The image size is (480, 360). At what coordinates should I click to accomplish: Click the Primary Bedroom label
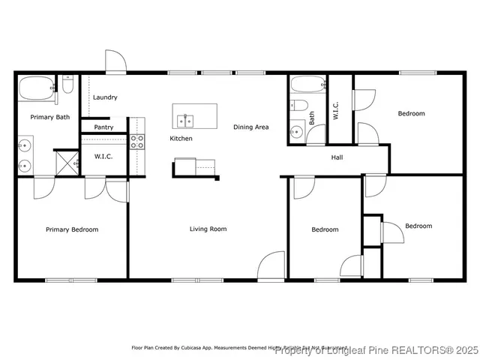coord(72,229)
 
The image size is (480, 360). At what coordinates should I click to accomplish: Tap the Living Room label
coord(208,229)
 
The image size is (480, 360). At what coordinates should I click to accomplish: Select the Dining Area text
coord(250,127)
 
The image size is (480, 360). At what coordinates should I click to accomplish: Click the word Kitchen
coord(181,139)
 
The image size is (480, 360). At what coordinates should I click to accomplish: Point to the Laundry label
coord(105,97)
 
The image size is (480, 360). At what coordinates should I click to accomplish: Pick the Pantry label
coord(103,127)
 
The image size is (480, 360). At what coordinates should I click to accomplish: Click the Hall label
coord(337,157)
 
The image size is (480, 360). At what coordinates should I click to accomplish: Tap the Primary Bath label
coord(49,117)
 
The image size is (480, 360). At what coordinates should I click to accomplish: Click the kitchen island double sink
coord(185,120)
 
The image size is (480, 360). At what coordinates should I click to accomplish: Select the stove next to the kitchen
coord(137,141)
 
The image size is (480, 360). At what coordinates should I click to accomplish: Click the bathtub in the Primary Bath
coord(36,89)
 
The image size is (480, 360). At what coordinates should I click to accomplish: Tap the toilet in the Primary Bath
coord(67,85)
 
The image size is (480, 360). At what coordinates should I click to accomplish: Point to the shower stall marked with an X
coord(67,161)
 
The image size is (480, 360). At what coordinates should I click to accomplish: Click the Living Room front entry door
coord(271,266)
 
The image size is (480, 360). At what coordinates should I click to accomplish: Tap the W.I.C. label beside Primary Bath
coord(103,157)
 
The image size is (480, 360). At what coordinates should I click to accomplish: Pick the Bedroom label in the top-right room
coord(411,114)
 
